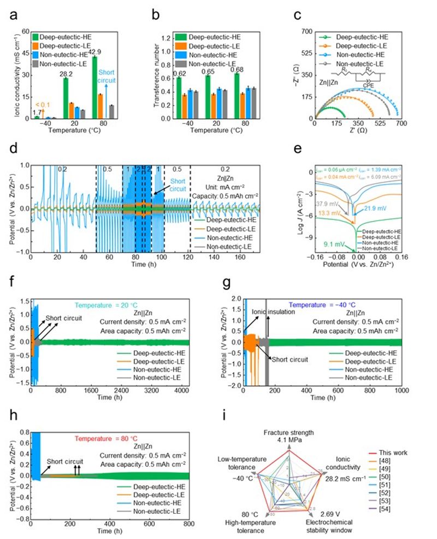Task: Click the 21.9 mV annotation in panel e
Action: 374,208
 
